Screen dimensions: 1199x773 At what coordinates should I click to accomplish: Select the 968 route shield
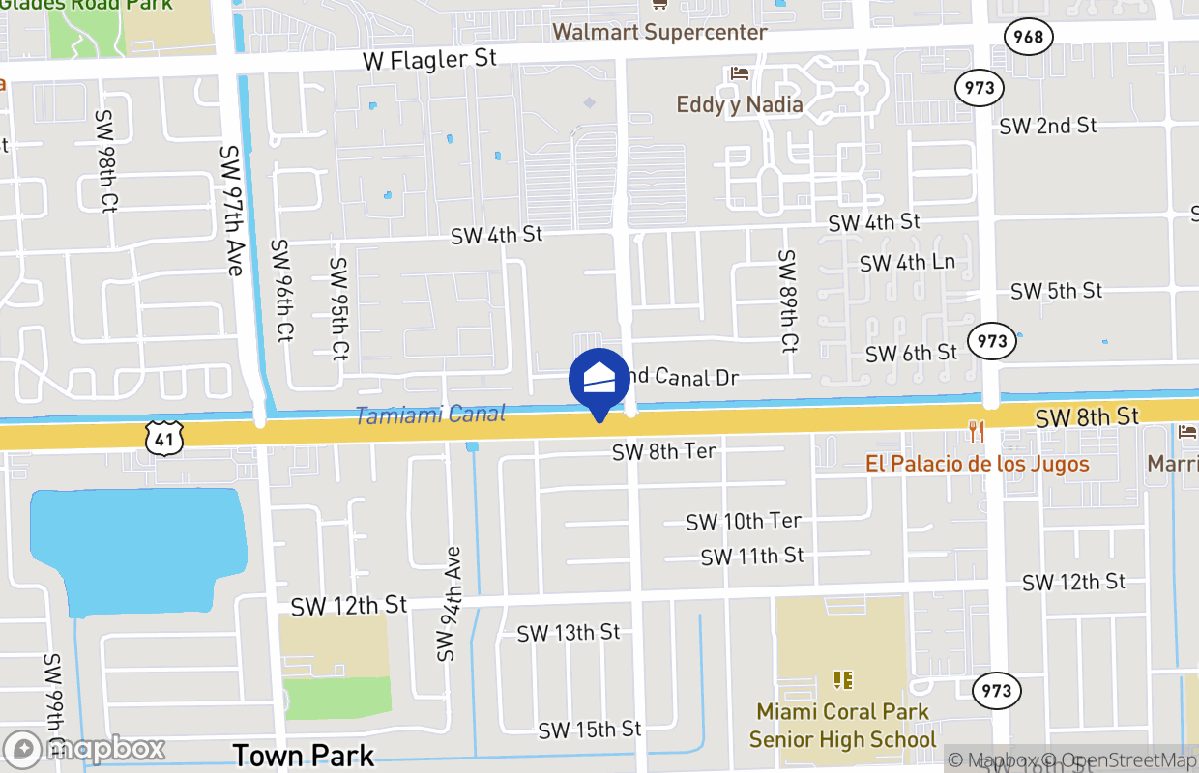point(1029,37)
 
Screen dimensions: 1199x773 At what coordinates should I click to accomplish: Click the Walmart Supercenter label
point(659,32)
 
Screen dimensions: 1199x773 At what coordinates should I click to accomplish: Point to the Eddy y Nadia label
point(740,104)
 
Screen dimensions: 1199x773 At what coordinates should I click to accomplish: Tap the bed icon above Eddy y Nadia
point(740,73)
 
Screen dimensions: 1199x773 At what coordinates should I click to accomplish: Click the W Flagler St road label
point(429,60)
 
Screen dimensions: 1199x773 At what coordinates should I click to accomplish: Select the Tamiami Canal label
point(430,415)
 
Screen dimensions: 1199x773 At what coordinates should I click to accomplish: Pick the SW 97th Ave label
point(230,210)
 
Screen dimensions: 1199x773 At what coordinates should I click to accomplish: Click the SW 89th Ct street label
point(788,301)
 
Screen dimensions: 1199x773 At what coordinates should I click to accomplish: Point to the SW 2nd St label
point(1048,126)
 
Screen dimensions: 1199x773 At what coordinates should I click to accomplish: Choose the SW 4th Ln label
point(907,263)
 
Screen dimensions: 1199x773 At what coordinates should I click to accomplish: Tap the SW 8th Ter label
point(663,451)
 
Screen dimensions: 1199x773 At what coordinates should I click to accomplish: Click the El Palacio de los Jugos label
point(977,464)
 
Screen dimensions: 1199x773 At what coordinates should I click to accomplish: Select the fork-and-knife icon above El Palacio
point(977,432)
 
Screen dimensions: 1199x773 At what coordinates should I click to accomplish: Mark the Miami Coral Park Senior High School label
point(842,726)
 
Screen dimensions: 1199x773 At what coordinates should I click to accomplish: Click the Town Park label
point(303,755)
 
